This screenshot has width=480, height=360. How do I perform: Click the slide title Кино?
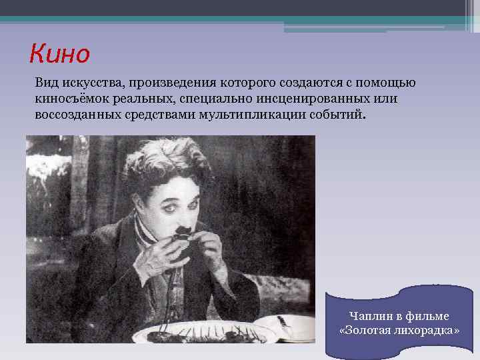59,53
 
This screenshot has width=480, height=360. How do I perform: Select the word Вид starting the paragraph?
47,83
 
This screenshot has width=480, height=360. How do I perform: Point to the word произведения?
167,83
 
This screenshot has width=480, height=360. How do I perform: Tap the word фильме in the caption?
427,315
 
